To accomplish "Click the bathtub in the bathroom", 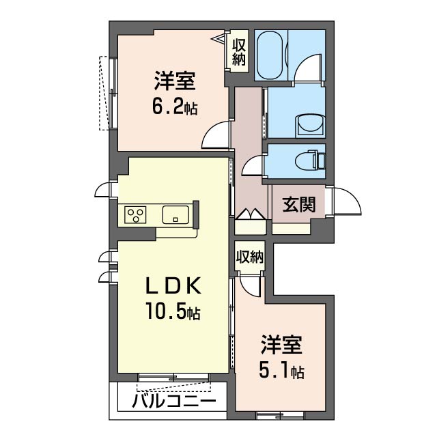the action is pos(270,55).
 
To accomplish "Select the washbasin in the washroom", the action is pos(310,126).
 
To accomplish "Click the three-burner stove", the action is pos(135,214).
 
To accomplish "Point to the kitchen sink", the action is pos(175,214).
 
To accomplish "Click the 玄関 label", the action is pos(299,205).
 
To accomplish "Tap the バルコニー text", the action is pos(174,401).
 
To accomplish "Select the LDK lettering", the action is pos(173,286).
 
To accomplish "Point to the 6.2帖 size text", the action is pos(175,107).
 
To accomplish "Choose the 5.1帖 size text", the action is pos(281,370).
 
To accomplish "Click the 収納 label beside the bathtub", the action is pos(239,52).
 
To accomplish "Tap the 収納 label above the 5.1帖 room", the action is pos(250,257).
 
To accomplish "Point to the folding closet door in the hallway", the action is pos(251,214).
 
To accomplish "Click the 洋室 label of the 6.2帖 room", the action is pos(175,81).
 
